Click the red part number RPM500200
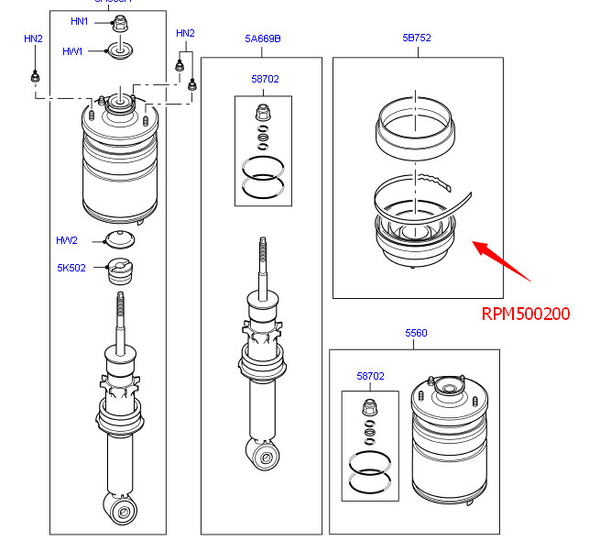pyautogui.click(x=526, y=314)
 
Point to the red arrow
pyautogui.click(x=502, y=259)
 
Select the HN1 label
pyautogui.click(x=80, y=21)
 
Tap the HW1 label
pyautogui.click(x=72, y=51)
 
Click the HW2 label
pyautogui.click(x=66, y=240)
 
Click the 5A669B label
pyautogui.click(x=262, y=39)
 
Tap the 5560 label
pyautogui.click(x=415, y=334)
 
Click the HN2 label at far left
pyautogui.click(x=33, y=39)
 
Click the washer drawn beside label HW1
pyautogui.click(x=120, y=51)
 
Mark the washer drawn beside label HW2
pyautogui.click(x=119, y=241)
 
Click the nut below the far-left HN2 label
pyautogui.click(x=34, y=77)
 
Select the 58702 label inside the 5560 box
pyautogui.click(x=370, y=376)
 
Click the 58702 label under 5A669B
pyautogui.click(x=265, y=80)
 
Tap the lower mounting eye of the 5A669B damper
pyautogui.click(x=266, y=454)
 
